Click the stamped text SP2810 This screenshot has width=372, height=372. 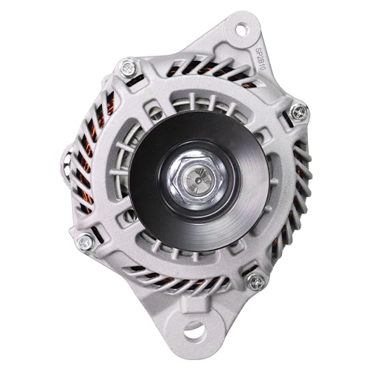coord(260,58)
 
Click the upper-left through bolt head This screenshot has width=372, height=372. coord(129,68)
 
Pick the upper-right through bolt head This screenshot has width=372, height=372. coord(298,112)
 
